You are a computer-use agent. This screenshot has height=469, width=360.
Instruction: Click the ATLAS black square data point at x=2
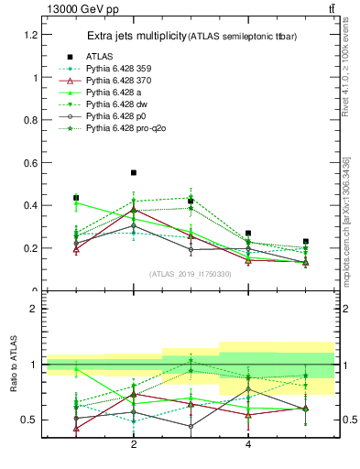click(134, 172)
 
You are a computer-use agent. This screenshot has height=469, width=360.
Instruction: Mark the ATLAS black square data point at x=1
click(76, 198)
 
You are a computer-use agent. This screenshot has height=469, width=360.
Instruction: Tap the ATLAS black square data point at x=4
click(248, 234)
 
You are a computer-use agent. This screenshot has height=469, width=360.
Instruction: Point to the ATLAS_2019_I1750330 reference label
click(191, 274)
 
